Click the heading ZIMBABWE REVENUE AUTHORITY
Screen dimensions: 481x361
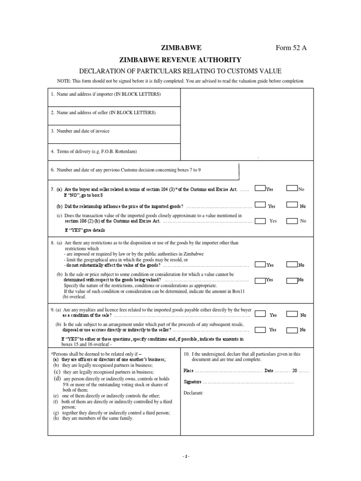pyautogui.click(x=181, y=60)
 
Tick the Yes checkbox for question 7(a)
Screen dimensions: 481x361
pyautogui.click(x=260, y=188)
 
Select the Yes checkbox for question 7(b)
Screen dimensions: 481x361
pyautogui.click(x=260, y=205)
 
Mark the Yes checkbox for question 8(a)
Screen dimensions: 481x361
pyautogui.click(x=260, y=264)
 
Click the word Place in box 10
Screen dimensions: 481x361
pyautogui.click(x=188, y=371)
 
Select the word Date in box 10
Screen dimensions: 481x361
pyautogui.click(x=269, y=371)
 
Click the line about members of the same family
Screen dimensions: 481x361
pyautogui.click(x=95, y=418)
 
